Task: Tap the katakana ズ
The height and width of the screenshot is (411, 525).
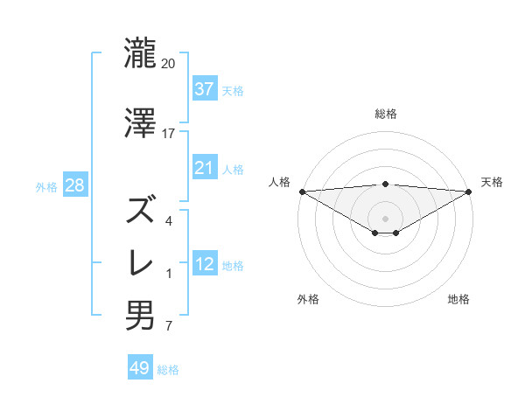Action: pos(141,210)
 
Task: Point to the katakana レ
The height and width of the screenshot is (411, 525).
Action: pos(141,262)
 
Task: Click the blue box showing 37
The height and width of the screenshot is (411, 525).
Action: pos(204,89)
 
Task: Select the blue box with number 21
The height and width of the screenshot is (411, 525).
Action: pos(204,168)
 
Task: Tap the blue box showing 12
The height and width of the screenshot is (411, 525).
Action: pos(204,264)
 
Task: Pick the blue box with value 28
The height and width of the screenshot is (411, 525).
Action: pos(74,186)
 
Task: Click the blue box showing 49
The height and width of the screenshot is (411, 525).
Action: pos(140,368)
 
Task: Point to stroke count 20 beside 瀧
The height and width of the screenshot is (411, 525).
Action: pos(168,64)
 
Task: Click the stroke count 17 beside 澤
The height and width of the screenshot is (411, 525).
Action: pos(168,133)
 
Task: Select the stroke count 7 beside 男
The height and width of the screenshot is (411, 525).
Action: pos(168,327)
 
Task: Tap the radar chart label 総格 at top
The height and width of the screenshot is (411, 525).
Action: pos(385,114)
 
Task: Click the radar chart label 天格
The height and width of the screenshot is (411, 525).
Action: pos(492,182)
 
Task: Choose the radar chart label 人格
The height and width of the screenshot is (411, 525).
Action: pos(279,182)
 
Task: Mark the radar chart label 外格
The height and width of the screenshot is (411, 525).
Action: pos(308,299)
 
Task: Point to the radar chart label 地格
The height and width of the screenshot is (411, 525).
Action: pos(458,299)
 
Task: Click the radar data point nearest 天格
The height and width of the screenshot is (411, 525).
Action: pos(468,192)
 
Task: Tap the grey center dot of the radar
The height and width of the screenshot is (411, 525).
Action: pos(385,218)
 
